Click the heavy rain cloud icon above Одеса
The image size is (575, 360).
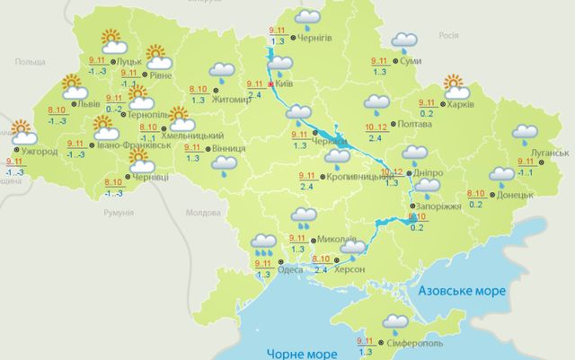point(263,245)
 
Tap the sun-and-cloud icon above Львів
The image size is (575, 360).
point(74,88)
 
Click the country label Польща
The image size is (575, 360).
point(30,63)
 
